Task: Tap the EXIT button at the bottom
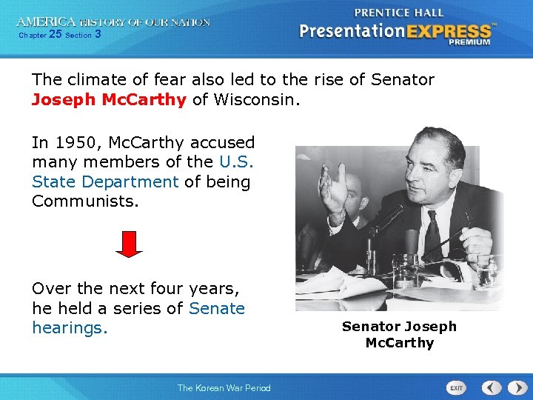457,388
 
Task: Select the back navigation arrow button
490,387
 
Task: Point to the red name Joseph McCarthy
109,99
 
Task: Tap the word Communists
85,200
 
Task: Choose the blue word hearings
70,327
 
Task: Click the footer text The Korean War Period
224,387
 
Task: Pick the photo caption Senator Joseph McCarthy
399,334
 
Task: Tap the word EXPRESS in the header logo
453,31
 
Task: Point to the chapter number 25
55,34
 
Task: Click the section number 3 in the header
98,34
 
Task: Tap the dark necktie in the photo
432,234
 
